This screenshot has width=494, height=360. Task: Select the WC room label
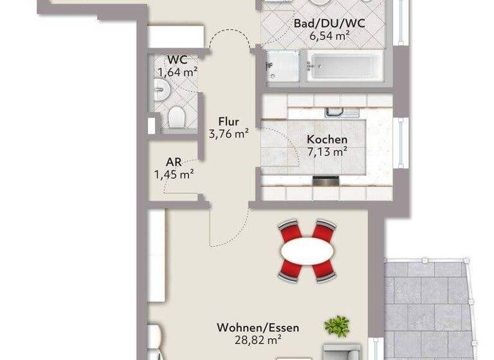point(177,60)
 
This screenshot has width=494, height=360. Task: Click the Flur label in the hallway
point(228,122)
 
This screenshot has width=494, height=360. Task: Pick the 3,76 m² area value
point(228,134)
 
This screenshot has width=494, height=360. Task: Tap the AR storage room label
point(174,162)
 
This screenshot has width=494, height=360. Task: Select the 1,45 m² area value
point(174,174)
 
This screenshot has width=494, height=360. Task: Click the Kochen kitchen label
point(327,139)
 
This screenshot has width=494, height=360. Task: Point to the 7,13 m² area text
point(327,152)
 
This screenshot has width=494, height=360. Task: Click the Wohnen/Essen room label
point(257,328)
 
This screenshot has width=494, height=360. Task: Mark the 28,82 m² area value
point(257,340)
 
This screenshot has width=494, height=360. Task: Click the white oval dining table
point(307,250)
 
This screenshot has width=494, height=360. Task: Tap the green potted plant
point(336,327)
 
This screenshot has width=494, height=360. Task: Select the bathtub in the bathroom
point(345,67)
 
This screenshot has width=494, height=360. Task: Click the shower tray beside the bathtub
point(282,67)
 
